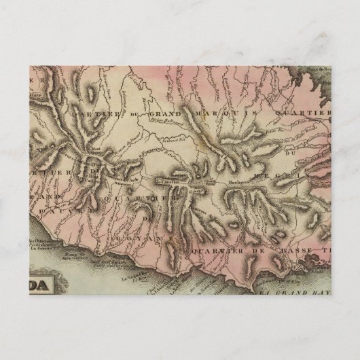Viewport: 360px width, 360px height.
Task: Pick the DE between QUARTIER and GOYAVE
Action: coord(147,219)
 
